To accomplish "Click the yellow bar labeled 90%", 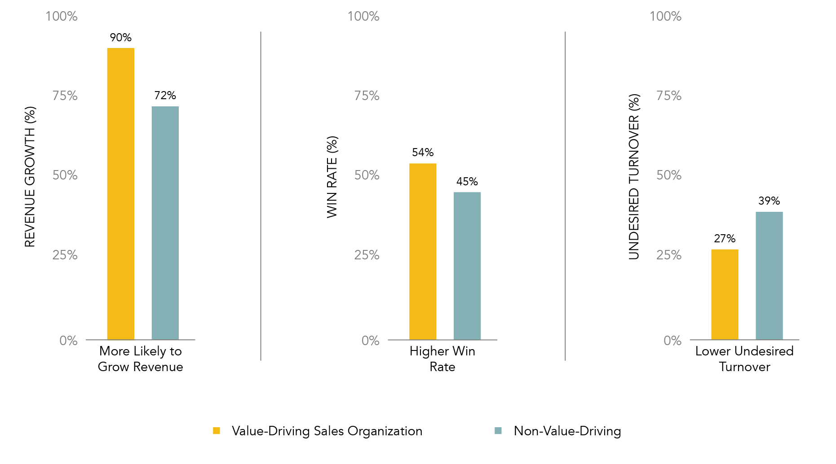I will pos(120,193).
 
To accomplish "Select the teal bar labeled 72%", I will pos(165,223).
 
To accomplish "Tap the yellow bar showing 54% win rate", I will pos(422,251).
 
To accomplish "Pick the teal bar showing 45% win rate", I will pos(467,266).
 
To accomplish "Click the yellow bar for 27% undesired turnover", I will pos(724,294).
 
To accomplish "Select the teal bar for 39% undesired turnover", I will pos(769,276).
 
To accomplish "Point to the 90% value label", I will pos(120,38).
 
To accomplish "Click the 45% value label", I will pos(467,182).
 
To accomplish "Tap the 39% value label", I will pos(769,201).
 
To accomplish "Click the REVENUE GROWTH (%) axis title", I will pos(30,177).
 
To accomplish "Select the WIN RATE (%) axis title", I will pos(332,177).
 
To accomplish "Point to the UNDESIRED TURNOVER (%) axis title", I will pos(634,177).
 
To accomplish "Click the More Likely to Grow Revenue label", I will pos(140,359).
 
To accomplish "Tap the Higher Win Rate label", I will pos(442,359).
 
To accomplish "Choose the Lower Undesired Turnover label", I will pos(744,359).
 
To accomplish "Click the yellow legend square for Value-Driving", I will pos(217,431).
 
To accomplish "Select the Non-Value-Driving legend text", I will pos(567,431).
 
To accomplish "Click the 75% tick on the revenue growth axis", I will pos(65,96).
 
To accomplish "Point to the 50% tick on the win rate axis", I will pos(367,175).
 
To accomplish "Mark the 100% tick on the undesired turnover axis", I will pos(665,17).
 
